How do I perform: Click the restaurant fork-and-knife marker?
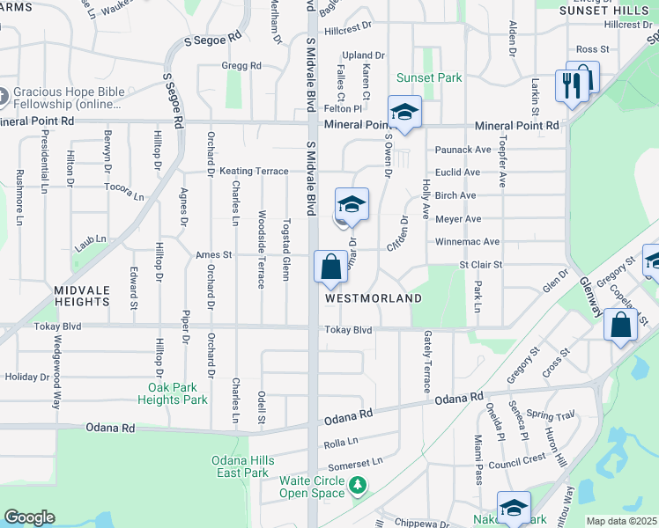(x=572, y=85)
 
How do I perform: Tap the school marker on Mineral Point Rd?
(x=404, y=113)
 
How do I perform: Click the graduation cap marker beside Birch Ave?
(x=352, y=205)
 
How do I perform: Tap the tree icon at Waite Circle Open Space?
(x=358, y=485)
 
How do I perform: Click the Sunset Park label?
(x=429, y=77)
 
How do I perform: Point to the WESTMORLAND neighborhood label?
(x=374, y=298)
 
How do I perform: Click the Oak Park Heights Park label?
(x=177, y=393)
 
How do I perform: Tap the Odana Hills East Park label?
(x=242, y=466)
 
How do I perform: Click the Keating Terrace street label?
(x=254, y=171)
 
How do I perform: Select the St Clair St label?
(x=480, y=264)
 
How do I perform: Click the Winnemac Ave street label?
(x=467, y=242)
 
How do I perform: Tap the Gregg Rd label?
(x=241, y=66)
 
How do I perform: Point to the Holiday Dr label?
(x=23, y=378)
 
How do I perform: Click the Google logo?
(x=29, y=517)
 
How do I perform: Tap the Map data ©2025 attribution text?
(x=621, y=521)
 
